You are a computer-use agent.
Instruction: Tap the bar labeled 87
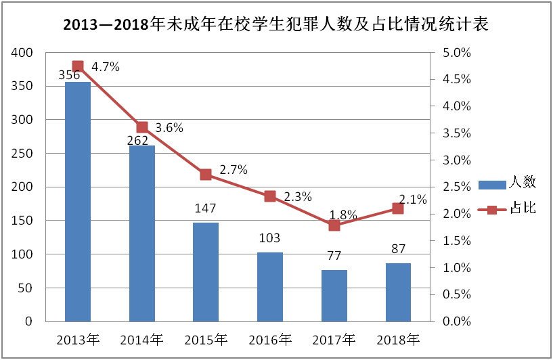(x=398, y=292)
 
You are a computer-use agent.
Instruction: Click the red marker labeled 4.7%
(x=78, y=66)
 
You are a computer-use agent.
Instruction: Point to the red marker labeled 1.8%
(x=334, y=225)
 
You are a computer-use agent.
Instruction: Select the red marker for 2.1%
(x=398, y=208)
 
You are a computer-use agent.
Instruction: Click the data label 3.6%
(x=169, y=127)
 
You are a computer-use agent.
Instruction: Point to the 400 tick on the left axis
(x=23, y=53)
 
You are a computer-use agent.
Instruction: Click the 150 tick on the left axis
(x=23, y=221)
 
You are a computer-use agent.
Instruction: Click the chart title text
(x=276, y=25)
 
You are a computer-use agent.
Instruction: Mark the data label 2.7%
(x=234, y=169)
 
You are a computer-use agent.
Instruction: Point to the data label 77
(x=334, y=256)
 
